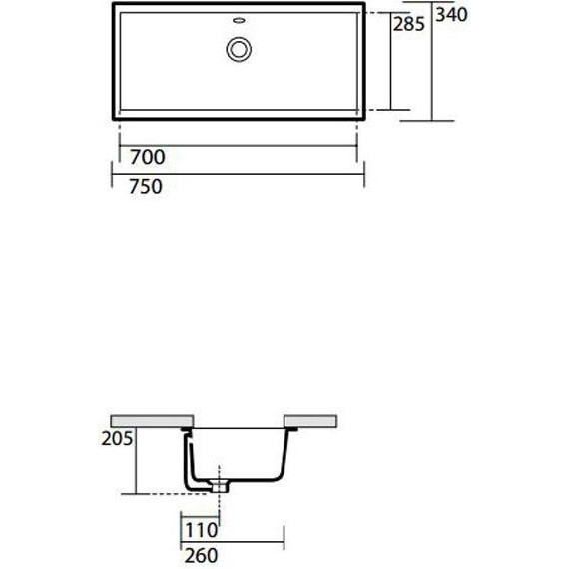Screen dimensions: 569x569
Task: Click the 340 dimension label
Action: (451, 15)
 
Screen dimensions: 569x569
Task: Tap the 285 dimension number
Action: (409, 24)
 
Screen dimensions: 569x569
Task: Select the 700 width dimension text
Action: (148, 157)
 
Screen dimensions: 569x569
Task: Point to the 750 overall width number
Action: (146, 186)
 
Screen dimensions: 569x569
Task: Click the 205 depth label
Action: (117, 438)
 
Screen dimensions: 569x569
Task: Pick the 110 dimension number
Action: (202, 530)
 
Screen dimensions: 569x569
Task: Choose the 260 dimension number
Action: (201, 556)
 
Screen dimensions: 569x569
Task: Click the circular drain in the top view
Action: (239, 49)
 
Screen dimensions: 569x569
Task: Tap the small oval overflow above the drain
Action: (239, 20)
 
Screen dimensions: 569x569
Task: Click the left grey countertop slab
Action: (152, 421)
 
